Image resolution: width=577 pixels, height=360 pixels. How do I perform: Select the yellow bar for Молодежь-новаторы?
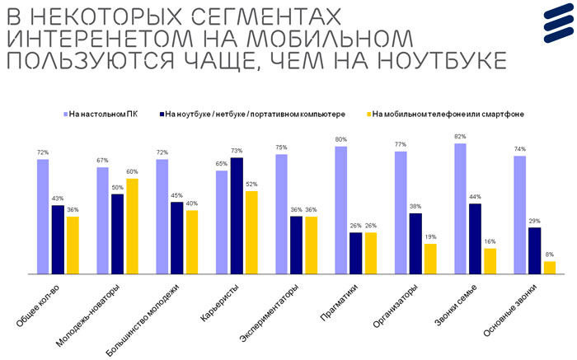[132, 226]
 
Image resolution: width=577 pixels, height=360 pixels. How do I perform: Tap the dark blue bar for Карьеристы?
[237, 215]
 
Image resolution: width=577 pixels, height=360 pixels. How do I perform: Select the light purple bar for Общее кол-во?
[43, 216]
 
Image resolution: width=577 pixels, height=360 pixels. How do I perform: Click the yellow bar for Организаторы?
[430, 258]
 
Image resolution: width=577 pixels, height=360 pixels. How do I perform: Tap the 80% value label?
[340, 140]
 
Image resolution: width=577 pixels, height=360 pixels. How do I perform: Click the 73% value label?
[237, 152]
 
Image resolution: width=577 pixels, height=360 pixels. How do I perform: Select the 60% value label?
[132, 172]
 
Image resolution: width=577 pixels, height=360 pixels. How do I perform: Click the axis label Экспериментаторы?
[270, 314]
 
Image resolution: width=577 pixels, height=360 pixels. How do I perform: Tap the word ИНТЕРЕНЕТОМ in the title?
[96, 39]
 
